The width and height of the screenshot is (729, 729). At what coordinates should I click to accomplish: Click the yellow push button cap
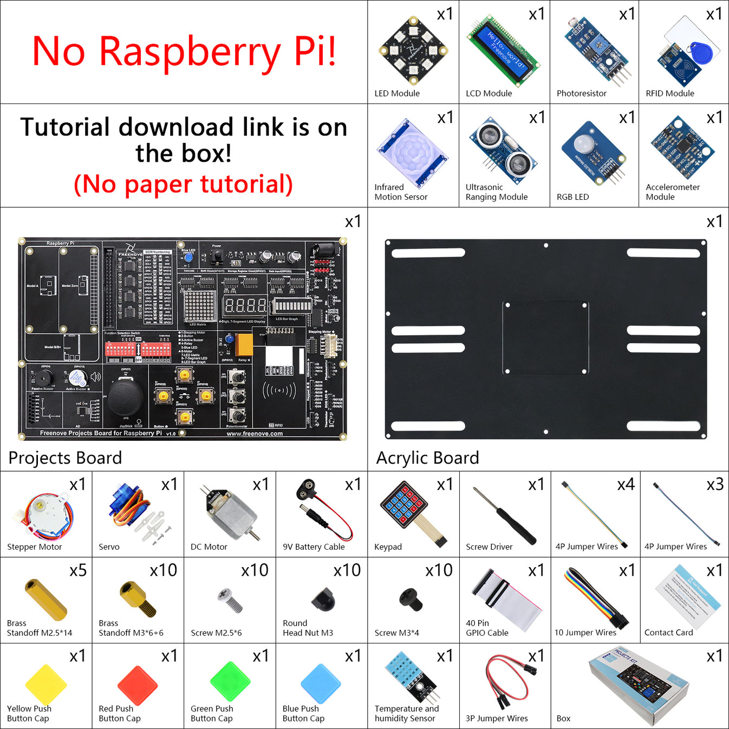tap(45, 685)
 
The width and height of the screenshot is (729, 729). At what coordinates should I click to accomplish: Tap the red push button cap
tap(138, 685)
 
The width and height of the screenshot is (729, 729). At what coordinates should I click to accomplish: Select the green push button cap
tap(230, 681)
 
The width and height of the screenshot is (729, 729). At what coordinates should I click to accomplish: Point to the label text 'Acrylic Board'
tap(427, 458)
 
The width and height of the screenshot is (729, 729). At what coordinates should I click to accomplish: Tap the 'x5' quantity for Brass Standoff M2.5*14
tap(77, 570)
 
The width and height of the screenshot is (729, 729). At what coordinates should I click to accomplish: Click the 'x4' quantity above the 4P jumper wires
tap(626, 484)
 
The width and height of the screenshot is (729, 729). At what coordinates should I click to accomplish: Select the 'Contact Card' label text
tap(668, 633)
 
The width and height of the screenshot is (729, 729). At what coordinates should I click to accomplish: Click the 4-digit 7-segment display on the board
tap(245, 306)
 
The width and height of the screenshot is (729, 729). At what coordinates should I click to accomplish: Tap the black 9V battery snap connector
tap(307, 489)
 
